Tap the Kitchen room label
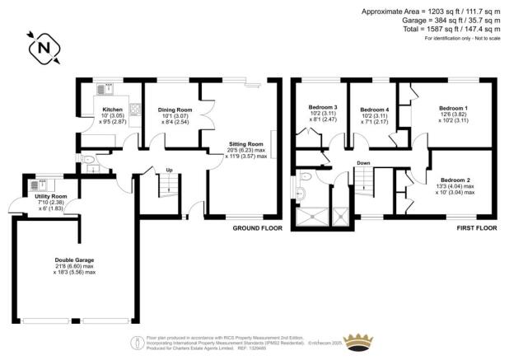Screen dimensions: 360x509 [112, 109]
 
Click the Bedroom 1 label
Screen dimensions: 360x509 [452, 109]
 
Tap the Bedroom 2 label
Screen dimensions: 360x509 [455, 180]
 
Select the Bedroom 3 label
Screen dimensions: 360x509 [323, 109]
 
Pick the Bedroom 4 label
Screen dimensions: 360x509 [374, 110]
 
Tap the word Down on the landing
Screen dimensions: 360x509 [362, 162]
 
